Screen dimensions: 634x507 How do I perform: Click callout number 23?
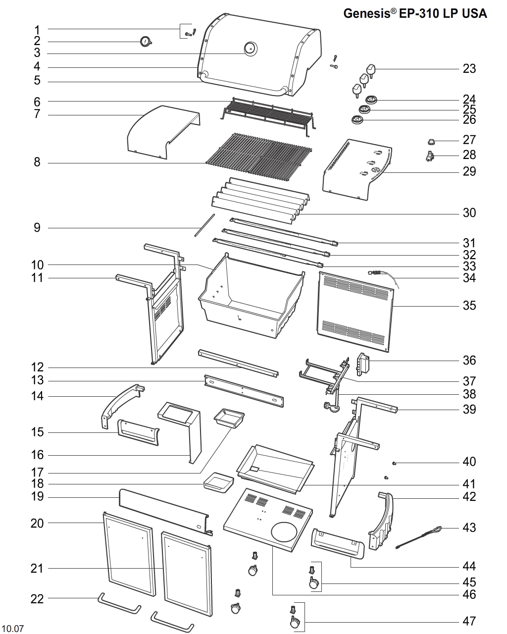(469, 68)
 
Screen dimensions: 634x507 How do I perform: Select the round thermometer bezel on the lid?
(250, 48)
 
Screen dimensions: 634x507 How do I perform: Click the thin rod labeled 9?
(205, 225)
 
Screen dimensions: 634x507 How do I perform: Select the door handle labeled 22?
(119, 604)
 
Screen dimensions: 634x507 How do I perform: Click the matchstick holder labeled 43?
(418, 537)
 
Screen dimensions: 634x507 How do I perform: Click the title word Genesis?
(366, 14)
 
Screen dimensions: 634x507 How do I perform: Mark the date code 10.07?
(13, 629)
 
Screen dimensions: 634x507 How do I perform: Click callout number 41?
(469, 484)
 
